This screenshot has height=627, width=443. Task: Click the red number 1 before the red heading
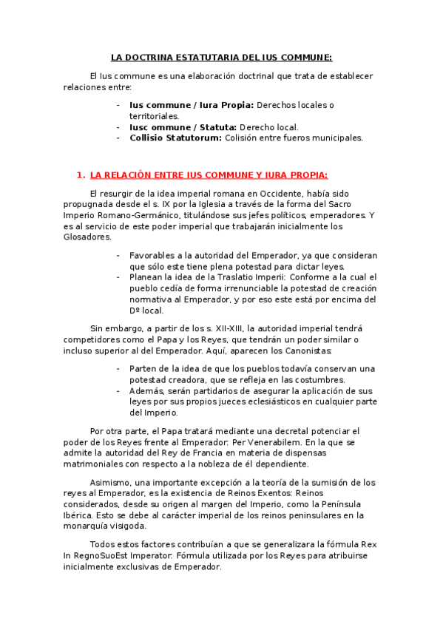79,175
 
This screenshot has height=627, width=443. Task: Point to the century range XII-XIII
229,328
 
